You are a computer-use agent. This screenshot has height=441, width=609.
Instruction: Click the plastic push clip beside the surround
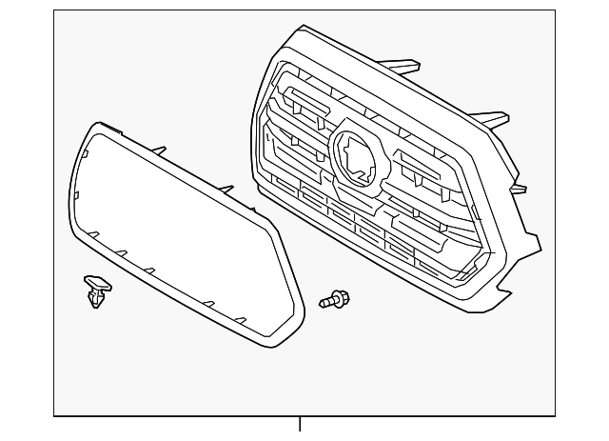[x=95, y=291]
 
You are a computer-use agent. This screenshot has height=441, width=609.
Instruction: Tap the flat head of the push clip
[x=95, y=282]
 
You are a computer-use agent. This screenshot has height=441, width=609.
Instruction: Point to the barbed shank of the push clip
[x=95, y=300]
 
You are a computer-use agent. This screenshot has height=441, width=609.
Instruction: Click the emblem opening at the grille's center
[x=358, y=154]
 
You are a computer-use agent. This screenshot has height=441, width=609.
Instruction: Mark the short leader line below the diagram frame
[x=300, y=425]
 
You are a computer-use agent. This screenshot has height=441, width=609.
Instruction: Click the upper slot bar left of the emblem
[x=303, y=98]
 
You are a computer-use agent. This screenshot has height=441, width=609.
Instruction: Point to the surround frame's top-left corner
[x=93, y=127]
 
